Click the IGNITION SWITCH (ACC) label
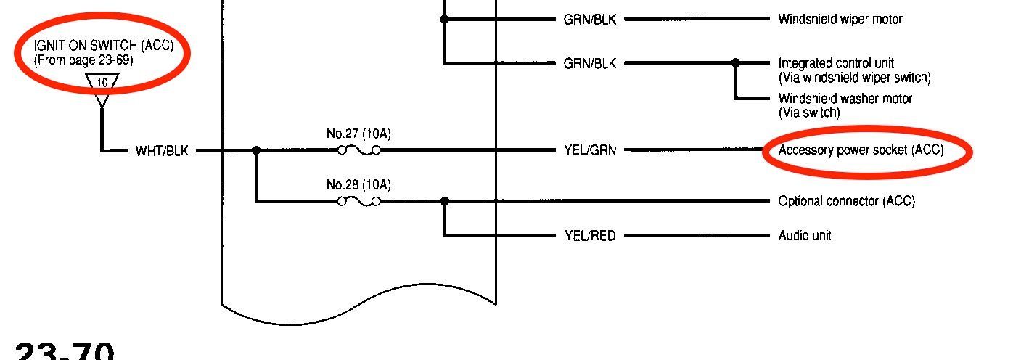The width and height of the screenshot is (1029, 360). coord(104,46)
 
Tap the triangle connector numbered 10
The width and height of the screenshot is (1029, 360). coord(102,83)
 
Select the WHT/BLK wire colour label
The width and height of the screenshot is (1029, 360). coord(162,151)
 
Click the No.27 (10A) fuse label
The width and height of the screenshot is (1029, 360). coord(358,134)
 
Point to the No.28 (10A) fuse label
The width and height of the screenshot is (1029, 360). coord(358,185)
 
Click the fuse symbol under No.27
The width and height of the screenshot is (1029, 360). coord(359,151)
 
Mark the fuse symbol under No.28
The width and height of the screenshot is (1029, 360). coord(359,201)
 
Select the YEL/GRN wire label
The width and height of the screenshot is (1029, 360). coord(590,151)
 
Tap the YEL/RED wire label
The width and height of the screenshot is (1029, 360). coord(590,236)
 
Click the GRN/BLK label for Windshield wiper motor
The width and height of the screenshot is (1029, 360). coord(590,20)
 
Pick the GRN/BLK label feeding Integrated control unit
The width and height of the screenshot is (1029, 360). coord(590,63)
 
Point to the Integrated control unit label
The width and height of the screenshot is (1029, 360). coord(836,63)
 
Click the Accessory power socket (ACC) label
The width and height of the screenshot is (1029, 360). coord(861,151)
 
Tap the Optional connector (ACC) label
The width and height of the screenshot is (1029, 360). coord(847,201)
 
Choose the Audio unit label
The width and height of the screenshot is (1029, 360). coord(805,236)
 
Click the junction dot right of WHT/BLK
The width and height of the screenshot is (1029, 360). coord(256,151)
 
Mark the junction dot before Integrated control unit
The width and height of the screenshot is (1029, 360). coord(736,63)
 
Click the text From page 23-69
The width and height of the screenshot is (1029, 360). coord(83,60)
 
